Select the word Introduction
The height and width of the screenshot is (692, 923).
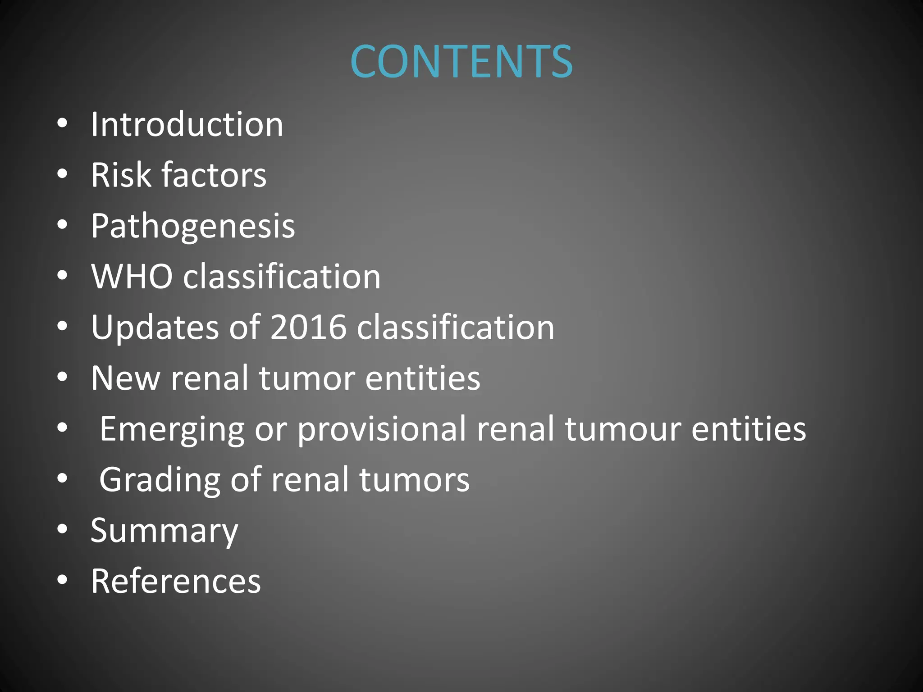[187, 124]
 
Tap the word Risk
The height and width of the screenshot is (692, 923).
[121, 175]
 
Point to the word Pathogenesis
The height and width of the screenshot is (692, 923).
[193, 226]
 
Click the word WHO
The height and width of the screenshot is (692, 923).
[132, 276]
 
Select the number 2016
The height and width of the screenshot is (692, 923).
[308, 327]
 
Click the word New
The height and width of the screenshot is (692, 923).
[125, 378]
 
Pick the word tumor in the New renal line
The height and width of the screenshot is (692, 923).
[306, 378]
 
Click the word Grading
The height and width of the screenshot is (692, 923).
[160, 480]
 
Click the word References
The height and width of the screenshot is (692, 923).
[176, 581]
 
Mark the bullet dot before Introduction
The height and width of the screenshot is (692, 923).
[62, 123]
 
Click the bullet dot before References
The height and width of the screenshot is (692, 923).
[62, 579]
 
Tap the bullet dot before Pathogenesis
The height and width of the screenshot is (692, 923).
[62, 224]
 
